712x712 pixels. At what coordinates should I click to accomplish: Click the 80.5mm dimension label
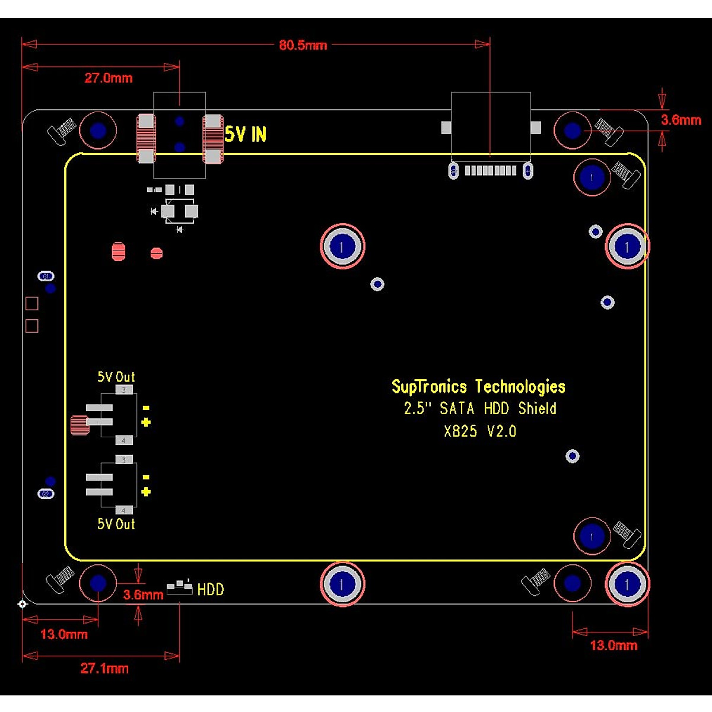pyautogui.click(x=303, y=45)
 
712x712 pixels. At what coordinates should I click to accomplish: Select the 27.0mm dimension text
pyautogui.click(x=109, y=78)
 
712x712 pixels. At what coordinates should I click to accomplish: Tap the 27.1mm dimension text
pyautogui.click(x=104, y=669)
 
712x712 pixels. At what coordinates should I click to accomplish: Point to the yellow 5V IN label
pyautogui.click(x=245, y=135)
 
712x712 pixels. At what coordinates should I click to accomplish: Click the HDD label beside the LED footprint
pyautogui.click(x=211, y=590)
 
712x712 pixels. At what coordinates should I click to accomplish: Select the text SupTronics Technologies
pyautogui.click(x=478, y=387)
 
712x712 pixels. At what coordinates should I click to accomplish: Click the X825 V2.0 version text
pyautogui.click(x=480, y=431)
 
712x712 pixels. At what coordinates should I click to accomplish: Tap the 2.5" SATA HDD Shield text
pyautogui.click(x=480, y=408)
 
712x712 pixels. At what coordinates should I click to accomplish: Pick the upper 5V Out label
pyautogui.click(x=116, y=377)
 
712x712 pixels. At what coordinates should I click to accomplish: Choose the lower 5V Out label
pyautogui.click(x=116, y=524)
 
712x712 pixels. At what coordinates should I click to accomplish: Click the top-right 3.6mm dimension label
pyautogui.click(x=681, y=120)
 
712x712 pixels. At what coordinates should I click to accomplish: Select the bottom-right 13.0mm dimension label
pyautogui.click(x=614, y=646)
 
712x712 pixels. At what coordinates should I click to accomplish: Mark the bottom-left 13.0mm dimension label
pyautogui.click(x=64, y=634)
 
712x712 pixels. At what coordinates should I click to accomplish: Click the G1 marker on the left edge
pyautogui.click(x=46, y=276)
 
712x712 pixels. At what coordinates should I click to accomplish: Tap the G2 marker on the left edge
pyautogui.click(x=46, y=494)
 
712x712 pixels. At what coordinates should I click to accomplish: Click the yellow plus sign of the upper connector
pyautogui.click(x=146, y=422)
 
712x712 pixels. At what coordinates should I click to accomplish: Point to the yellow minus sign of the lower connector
pyautogui.click(x=146, y=478)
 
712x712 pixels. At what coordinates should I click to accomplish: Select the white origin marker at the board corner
pyautogui.click(x=22, y=605)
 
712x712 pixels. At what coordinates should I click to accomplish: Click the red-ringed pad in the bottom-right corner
pyautogui.click(x=627, y=584)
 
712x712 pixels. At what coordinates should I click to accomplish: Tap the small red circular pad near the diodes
pyautogui.click(x=157, y=253)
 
